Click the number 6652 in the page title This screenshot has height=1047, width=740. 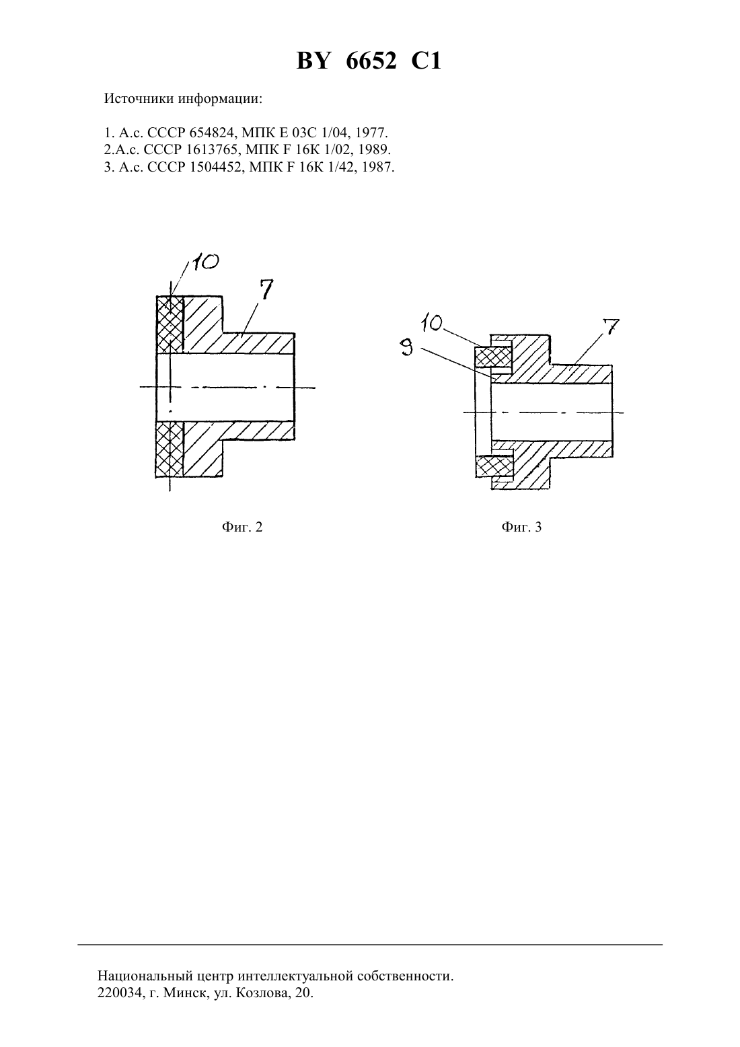[x=371, y=61]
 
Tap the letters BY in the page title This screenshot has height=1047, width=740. [x=314, y=61]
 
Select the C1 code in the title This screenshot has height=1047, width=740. [x=426, y=61]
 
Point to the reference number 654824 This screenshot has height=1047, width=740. [x=212, y=133]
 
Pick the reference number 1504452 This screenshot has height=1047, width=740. [x=217, y=167]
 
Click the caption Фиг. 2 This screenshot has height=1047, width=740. [x=242, y=527]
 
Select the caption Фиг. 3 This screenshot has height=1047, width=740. [x=521, y=527]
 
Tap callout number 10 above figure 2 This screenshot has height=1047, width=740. [x=205, y=262]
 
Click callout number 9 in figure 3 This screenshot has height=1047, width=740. [x=408, y=348]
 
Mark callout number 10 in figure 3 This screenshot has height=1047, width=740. [x=432, y=324]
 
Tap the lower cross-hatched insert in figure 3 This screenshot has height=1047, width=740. [x=494, y=466]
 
